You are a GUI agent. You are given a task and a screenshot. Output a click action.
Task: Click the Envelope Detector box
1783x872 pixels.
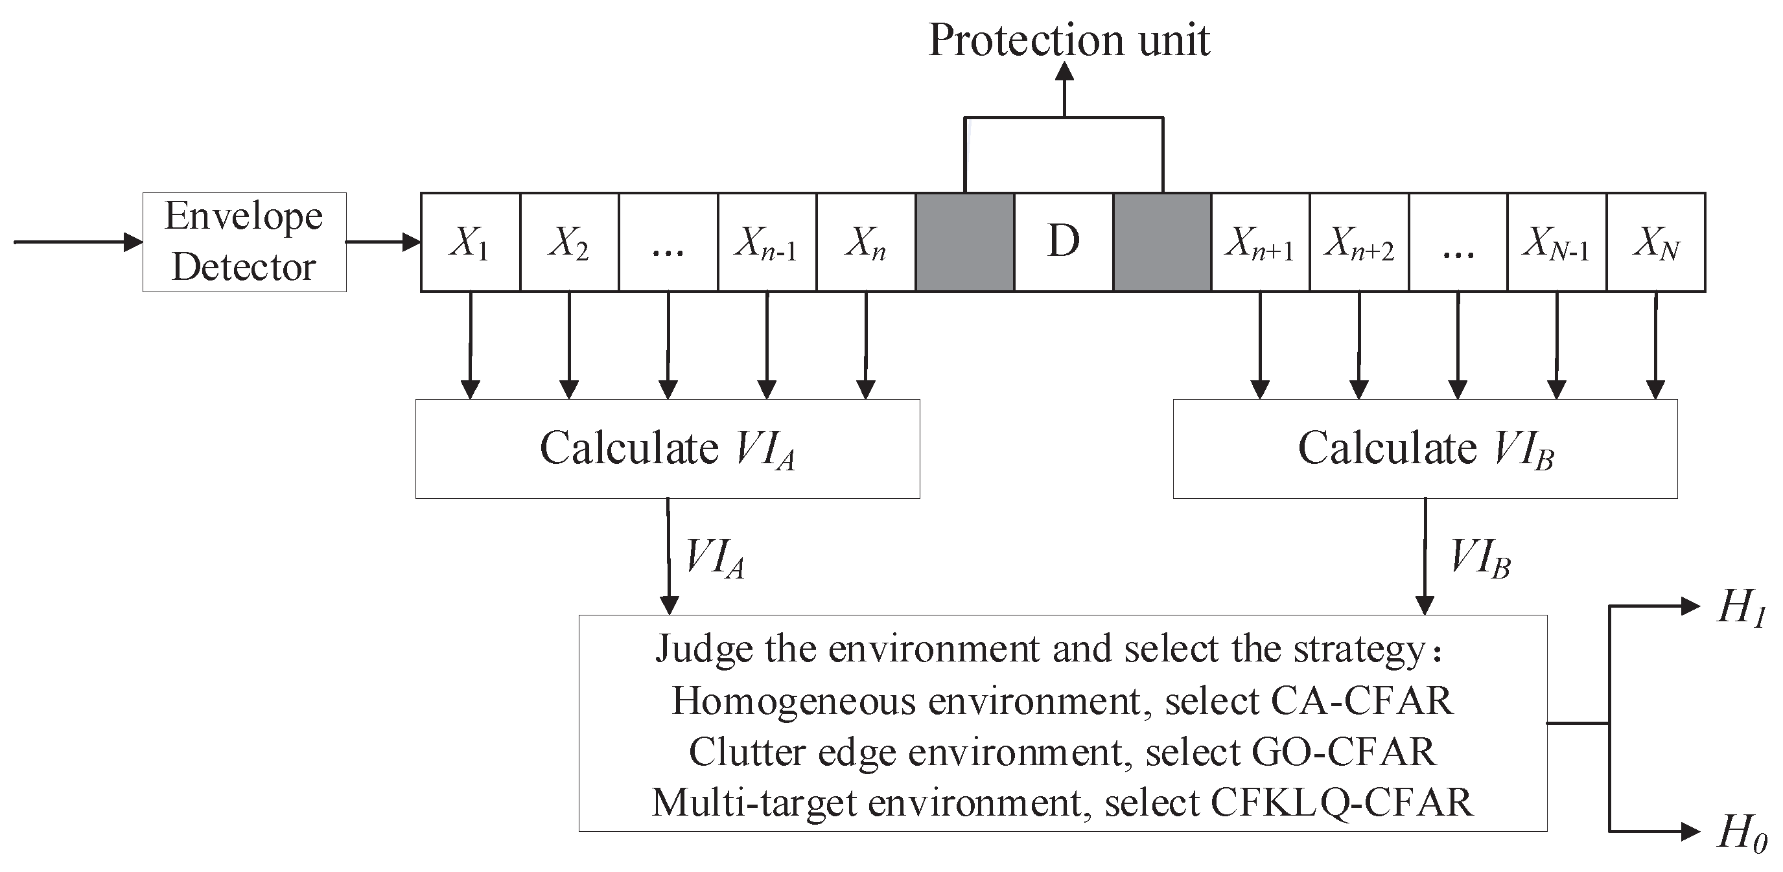click(x=244, y=242)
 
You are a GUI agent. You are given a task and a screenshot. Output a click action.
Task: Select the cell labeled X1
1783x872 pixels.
click(x=470, y=242)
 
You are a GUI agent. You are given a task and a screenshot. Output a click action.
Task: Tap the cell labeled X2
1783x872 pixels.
click(x=569, y=242)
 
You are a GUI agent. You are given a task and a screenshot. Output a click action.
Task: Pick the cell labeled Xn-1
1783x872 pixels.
click(x=767, y=242)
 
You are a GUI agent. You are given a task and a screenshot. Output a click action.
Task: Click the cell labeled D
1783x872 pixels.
click(x=1064, y=242)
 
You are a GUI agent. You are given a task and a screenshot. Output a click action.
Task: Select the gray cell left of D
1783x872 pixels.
click(x=965, y=242)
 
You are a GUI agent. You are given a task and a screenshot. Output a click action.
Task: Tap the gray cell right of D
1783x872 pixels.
click(x=1162, y=242)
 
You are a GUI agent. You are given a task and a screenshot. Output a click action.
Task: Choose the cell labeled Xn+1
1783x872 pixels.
click(x=1261, y=242)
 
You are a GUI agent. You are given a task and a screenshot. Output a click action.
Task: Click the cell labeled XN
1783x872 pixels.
click(x=1655, y=242)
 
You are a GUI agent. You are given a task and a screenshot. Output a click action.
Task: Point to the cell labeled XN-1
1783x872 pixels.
click(x=1557, y=242)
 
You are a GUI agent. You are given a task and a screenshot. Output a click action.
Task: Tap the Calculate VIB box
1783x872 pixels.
click(x=1425, y=448)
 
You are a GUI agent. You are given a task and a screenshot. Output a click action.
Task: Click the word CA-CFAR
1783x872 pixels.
click(x=1362, y=700)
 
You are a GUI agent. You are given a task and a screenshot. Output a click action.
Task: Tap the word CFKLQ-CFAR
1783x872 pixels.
click(x=1342, y=803)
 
